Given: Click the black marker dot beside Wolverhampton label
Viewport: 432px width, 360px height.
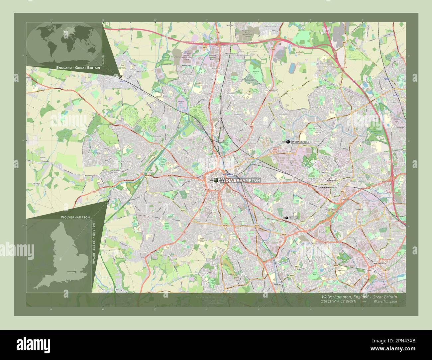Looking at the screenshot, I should [x=216, y=180].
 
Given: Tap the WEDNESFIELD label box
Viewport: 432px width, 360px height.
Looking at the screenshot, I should [x=301, y=142].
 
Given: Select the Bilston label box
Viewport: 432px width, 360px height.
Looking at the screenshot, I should [x=293, y=218].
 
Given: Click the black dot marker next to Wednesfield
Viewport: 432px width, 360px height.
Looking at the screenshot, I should [x=288, y=142].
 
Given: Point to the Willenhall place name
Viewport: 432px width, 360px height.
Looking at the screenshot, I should [x=332, y=180].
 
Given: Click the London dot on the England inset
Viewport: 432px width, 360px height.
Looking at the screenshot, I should [x=75, y=272].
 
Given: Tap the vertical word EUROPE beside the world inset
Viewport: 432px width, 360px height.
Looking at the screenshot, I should [x=103, y=60].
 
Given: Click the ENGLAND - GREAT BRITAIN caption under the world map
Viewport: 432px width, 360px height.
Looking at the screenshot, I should [x=78, y=68].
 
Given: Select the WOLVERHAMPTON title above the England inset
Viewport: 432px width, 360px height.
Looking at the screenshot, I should [x=75, y=217].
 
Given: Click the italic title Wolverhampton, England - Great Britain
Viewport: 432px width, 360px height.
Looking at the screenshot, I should [x=359, y=297].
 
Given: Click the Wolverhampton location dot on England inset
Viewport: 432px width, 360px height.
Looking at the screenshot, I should [x=61, y=259].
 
